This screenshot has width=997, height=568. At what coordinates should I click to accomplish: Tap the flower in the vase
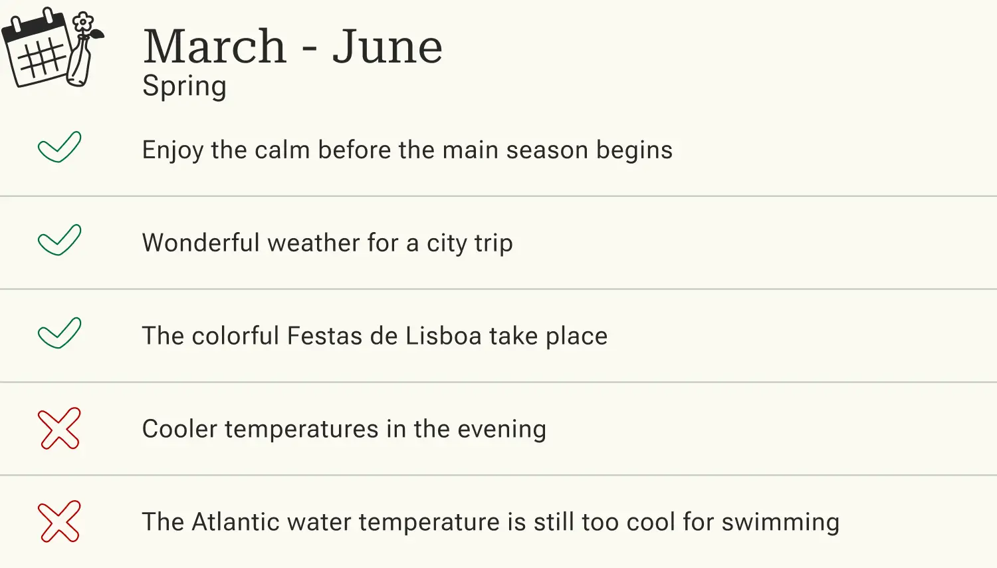[82, 23]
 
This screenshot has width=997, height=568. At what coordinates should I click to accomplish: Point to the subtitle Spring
[184, 86]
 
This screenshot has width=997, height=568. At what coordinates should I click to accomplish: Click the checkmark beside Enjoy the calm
[59, 147]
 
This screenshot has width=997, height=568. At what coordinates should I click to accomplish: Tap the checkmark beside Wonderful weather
[59, 240]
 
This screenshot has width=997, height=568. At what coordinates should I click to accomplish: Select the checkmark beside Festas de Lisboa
[59, 333]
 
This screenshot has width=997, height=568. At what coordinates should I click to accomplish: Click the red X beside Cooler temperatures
[59, 428]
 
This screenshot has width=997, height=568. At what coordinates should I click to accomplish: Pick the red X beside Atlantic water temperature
[59, 521]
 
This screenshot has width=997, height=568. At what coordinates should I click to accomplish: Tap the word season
[546, 150]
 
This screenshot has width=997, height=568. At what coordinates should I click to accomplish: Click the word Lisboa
[443, 336]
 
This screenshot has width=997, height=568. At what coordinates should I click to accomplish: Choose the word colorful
[235, 336]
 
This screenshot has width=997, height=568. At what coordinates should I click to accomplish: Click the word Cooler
[179, 429]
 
